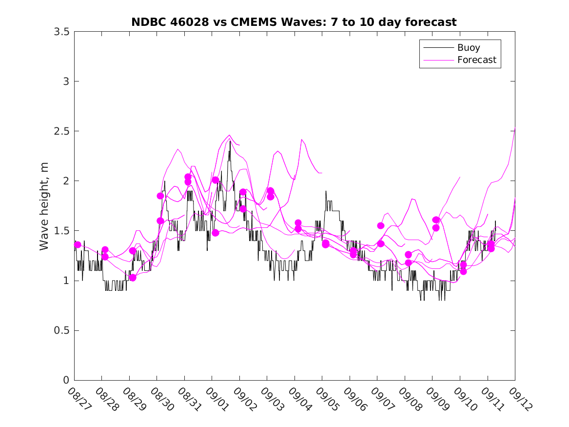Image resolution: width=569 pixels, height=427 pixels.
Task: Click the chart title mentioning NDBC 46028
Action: point(294,22)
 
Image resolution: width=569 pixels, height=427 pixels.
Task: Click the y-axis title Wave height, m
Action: point(44,206)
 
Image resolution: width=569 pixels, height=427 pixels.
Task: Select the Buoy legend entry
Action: point(469,48)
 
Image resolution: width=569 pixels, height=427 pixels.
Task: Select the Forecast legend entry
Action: point(476,60)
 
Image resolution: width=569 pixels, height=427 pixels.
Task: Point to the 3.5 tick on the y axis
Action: point(60,32)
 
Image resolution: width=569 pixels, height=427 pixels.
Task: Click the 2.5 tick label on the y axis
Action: point(60,131)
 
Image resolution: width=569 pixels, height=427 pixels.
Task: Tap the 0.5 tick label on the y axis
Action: point(60,330)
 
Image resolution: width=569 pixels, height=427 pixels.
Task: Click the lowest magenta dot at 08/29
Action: point(132,278)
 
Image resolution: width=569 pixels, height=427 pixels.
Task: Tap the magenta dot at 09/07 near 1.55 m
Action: point(381,225)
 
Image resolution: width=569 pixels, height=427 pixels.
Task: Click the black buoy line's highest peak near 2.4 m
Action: point(230,142)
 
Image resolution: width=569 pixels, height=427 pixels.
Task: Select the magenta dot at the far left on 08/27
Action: point(78,244)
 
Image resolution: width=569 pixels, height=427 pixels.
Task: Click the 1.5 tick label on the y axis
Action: point(60,231)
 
